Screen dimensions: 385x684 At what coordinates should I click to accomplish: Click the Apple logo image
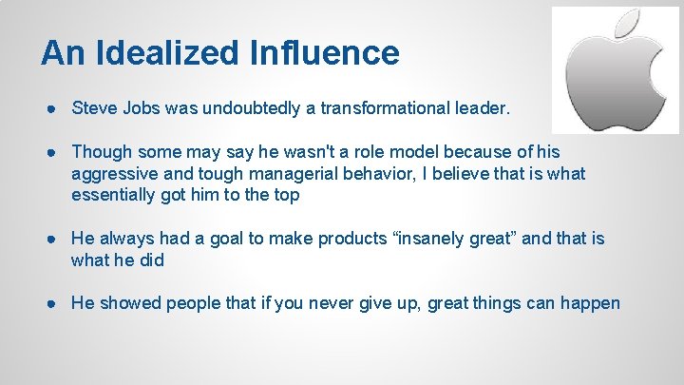coord(615,69)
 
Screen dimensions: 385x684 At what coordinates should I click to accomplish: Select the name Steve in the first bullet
coord(93,108)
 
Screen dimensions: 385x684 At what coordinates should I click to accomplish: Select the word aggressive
coord(112,174)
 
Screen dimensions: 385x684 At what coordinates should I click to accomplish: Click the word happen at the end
coord(593,303)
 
